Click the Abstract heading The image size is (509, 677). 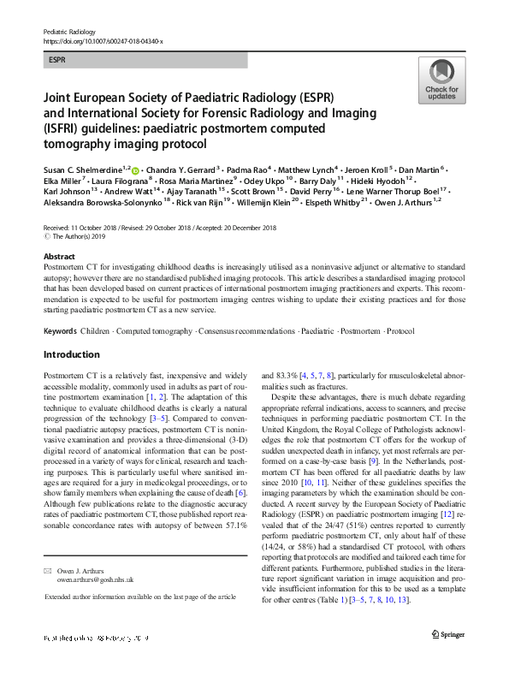click(58, 256)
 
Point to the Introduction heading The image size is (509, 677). click(72, 354)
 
